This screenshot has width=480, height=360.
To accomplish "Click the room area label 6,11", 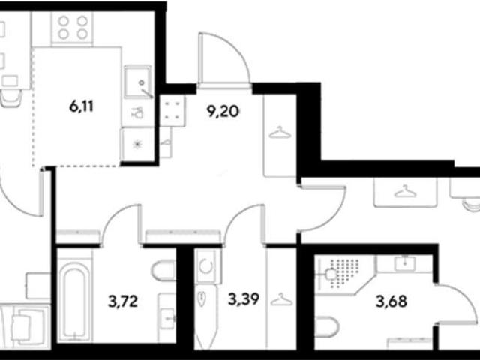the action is coord(82,106).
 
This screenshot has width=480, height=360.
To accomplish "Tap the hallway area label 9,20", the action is coord(223,112).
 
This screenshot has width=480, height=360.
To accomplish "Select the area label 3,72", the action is coord(123,301).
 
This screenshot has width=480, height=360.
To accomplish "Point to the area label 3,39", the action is coord(244,298).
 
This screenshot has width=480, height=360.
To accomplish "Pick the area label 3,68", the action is coord(391,301).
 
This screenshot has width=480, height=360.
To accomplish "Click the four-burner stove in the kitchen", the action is coord(73,28).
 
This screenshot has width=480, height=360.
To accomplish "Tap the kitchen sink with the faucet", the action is coord(138,82).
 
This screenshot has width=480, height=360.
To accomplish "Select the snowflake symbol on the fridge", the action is coord(137,144).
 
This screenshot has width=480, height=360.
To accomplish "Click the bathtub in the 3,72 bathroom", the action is coord(74,299).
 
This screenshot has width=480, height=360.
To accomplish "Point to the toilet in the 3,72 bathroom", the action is coord(164,270).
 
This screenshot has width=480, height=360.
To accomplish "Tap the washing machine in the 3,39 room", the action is coord(206,265).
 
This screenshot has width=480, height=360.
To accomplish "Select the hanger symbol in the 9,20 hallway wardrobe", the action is coord(280,132).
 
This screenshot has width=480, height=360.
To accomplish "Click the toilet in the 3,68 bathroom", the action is coord(327,326).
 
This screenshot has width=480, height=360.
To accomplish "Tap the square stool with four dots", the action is coord(172,111).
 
